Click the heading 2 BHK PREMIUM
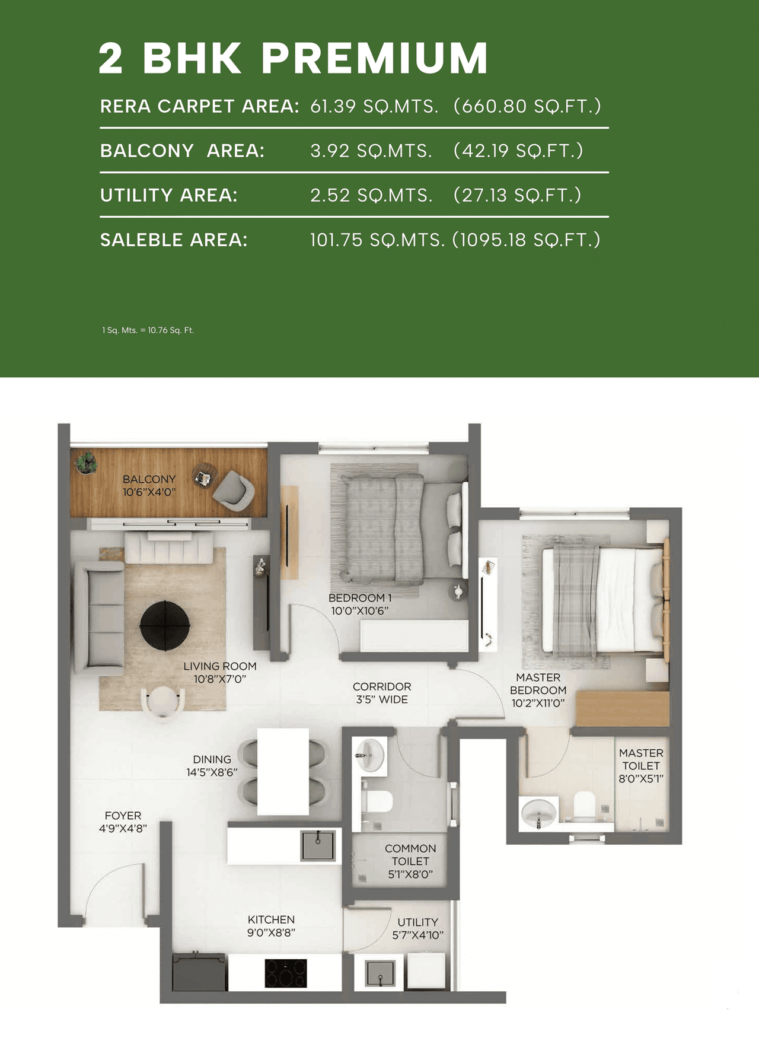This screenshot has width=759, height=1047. (x=293, y=58)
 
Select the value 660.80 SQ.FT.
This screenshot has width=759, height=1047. (x=527, y=106)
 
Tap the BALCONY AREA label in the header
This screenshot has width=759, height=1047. (x=182, y=151)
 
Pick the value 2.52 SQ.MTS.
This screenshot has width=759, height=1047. (x=371, y=195)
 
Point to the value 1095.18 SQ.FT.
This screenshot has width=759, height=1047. (x=527, y=240)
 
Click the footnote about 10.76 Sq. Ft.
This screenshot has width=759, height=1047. (x=148, y=330)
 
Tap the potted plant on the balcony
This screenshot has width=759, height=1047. (x=87, y=462)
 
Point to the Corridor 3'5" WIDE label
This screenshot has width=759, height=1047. (x=382, y=693)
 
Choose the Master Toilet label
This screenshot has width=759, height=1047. (x=641, y=765)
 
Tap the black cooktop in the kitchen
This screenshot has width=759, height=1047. (x=286, y=973)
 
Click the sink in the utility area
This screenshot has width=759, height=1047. (x=379, y=973)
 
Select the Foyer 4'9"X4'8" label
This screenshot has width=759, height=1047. (x=123, y=822)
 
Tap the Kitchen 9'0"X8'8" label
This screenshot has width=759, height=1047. (x=271, y=925)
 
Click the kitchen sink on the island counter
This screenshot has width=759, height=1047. (x=318, y=845)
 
